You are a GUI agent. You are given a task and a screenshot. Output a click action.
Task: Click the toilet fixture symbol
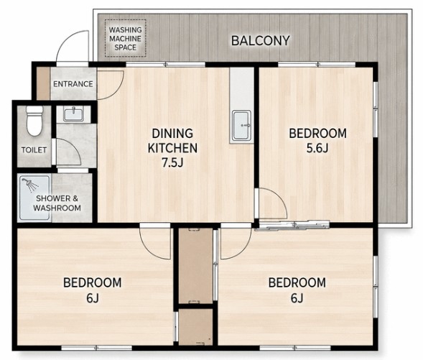34,121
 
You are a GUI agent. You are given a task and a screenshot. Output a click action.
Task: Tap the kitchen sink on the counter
242,126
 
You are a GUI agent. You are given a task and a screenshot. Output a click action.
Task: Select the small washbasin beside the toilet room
73,114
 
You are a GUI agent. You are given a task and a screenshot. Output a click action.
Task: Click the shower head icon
30,185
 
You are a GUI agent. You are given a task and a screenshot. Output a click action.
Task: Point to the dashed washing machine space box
126,38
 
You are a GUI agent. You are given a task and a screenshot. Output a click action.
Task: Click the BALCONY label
261,40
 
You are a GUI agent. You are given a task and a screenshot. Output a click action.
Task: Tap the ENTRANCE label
73,84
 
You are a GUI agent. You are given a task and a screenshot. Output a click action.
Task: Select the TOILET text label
34,149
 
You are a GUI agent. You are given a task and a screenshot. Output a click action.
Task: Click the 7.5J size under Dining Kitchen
172,162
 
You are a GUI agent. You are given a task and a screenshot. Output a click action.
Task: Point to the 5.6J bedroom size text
317,148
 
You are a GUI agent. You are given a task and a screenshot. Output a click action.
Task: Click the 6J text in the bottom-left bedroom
93,298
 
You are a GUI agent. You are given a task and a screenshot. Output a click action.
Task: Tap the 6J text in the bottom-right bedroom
297,298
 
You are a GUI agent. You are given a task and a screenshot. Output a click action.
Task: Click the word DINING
172,134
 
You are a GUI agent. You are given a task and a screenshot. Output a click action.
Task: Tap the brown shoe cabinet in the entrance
43,83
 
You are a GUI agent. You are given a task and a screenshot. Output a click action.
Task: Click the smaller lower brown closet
196,327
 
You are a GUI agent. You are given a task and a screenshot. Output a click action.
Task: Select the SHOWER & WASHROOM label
57,203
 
